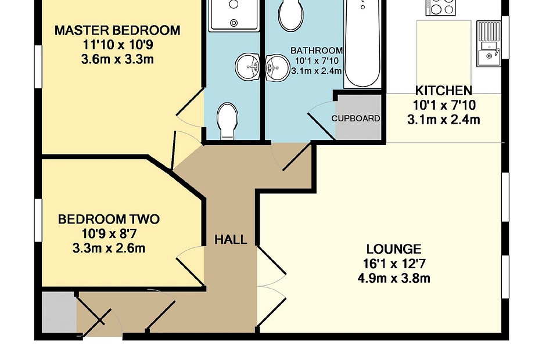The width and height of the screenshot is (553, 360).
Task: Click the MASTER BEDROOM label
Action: point(117,30)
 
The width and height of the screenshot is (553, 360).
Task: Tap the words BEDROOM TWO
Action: point(109,219)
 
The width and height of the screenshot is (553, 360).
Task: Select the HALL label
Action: point(231,240)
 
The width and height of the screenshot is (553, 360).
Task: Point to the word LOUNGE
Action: point(394,249)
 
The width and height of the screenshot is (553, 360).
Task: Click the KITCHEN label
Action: point(444,91)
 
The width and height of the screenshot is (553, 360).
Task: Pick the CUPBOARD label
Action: point(355,118)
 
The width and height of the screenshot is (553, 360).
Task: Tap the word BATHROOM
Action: point(317,51)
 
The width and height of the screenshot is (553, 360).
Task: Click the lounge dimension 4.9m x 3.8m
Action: point(394,279)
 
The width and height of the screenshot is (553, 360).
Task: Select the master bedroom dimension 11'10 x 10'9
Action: point(117,45)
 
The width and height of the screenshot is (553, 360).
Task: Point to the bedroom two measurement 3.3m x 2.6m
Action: point(109,249)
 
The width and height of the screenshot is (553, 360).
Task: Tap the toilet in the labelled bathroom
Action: point(291,15)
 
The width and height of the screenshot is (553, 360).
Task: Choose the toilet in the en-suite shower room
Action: point(228,121)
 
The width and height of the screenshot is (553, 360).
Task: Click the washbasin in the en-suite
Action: point(247,67)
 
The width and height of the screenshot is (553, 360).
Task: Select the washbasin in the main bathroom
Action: point(276,68)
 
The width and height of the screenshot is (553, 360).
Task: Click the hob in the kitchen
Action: point(440,7)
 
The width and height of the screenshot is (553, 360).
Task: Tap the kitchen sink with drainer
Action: point(489,44)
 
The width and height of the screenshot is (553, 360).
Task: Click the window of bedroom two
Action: point(38,221)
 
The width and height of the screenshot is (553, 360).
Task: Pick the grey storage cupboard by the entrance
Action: point(59,312)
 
